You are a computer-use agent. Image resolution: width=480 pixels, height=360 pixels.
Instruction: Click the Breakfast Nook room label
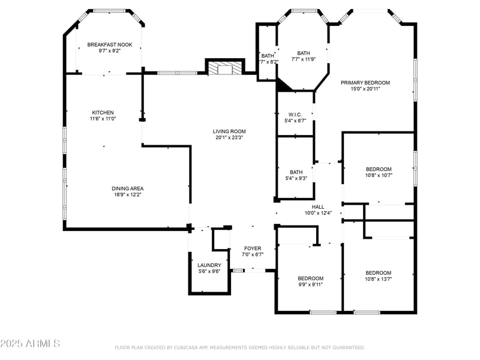pyautogui.click(x=109, y=44)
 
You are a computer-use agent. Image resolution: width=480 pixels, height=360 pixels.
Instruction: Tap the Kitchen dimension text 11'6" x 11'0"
pyautogui.click(x=103, y=119)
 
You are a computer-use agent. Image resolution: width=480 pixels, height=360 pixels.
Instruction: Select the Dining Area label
pyautogui.click(x=127, y=188)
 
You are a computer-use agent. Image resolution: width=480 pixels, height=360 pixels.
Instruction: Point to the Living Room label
pyautogui.click(x=229, y=131)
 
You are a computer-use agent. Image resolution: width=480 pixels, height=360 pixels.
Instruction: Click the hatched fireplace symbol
pyautogui.click(x=225, y=69)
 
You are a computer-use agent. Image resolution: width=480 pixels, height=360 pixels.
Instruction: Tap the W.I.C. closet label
pyautogui.click(x=295, y=114)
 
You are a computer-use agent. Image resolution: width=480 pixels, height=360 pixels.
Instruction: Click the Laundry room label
pyautogui.click(x=209, y=265)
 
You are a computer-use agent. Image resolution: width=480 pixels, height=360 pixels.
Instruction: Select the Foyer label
pyautogui.click(x=252, y=248)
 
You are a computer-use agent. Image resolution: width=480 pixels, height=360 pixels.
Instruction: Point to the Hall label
pyautogui.click(x=317, y=207)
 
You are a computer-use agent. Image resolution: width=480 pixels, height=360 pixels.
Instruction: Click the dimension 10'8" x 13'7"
pyautogui.click(x=378, y=278)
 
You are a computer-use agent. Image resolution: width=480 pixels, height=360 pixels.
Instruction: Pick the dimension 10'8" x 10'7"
pyautogui.click(x=378, y=176)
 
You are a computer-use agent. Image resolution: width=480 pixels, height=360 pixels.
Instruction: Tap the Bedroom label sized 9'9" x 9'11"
pyautogui.click(x=310, y=278)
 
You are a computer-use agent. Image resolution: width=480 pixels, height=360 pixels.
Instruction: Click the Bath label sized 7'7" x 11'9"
pyautogui.click(x=304, y=53)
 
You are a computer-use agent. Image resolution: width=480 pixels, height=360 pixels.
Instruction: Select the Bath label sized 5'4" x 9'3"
pyautogui.click(x=296, y=172)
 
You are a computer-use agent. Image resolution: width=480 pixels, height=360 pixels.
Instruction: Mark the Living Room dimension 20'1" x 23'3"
pyautogui.click(x=229, y=137)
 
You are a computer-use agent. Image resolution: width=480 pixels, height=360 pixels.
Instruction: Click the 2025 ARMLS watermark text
pyautogui.click(x=30, y=343)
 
